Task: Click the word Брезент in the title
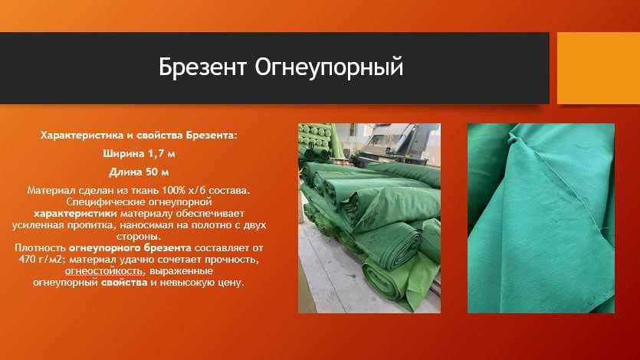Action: point(202,67)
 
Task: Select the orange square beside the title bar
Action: point(598,67)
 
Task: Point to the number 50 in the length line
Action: point(150,171)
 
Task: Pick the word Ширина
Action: point(123,153)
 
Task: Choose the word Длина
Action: point(125,171)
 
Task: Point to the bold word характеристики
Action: point(75,214)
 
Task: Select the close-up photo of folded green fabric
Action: point(540,218)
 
